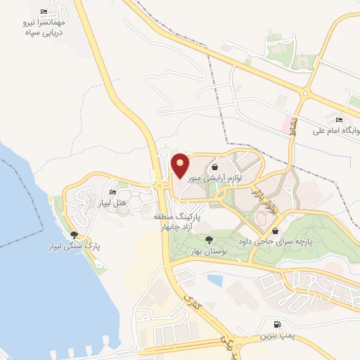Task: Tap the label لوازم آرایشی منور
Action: pyautogui.click(x=219, y=179)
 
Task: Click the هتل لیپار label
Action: pyautogui.click(x=112, y=203)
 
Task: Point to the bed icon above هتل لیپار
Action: pyautogui.click(x=112, y=193)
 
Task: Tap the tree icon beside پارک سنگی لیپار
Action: pyautogui.click(x=74, y=235)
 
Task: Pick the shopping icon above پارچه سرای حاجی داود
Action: pyautogui.click(x=275, y=231)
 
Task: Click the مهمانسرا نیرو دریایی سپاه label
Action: pyautogui.click(x=44, y=27)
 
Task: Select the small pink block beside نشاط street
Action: pyautogui.click(x=287, y=125)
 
